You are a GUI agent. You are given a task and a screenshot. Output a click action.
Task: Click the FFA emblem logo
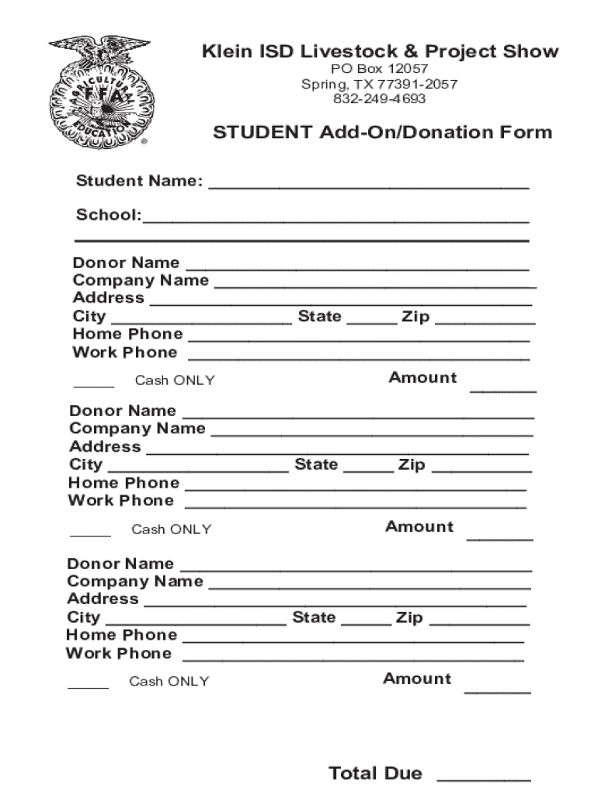[101, 92]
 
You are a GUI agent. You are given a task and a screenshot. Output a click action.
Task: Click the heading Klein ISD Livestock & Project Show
[380, 52]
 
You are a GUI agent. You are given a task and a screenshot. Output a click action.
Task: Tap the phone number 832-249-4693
[380, 99]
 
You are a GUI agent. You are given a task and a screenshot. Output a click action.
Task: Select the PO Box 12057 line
[380, 69]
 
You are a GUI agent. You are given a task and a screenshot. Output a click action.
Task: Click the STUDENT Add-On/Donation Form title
[382, 132]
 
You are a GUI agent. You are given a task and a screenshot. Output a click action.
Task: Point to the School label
[108, 215]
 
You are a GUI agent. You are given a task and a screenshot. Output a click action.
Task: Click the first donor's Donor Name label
[126, 262]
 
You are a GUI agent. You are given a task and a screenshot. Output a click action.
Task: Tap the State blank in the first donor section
[372, 321]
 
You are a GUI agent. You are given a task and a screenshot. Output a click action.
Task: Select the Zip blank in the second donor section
[482, 469]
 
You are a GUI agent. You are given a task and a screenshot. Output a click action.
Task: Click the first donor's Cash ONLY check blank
[93, 384]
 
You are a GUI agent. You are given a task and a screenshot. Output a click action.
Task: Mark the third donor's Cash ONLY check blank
[88, 686]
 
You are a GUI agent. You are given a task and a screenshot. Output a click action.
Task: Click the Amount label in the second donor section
[419, 526]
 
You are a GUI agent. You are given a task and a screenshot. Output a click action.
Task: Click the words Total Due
[375, 773]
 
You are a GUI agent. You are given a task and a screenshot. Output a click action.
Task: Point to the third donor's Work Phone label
[119, 653]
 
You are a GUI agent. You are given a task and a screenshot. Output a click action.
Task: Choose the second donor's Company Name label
[137, 429]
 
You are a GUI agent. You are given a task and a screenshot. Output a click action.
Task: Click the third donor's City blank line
[195, 622]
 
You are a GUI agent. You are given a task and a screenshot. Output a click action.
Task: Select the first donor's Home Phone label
[128, 334]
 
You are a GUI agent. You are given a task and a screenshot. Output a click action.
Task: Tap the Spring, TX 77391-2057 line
[380, 84]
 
